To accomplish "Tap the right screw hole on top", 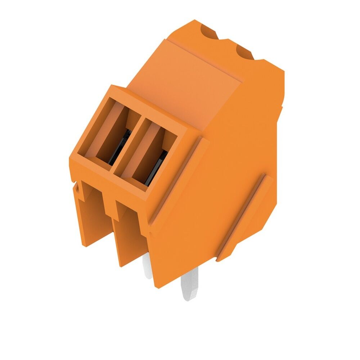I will (245, 53).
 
